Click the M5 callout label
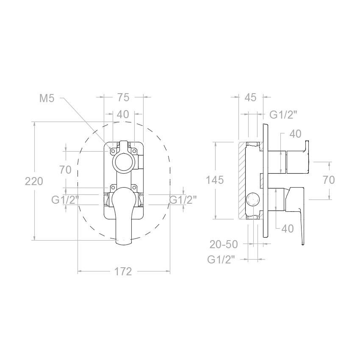point(47,98)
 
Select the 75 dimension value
point(124,97)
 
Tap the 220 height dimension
point(34,181)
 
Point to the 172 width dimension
point(123,271)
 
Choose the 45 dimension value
point(250,97)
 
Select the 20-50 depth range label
point(224,244)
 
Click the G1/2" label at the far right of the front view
point(183,200)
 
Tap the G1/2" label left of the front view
point(65,200)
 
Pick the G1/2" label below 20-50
point(221,260)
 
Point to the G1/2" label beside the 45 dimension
point(283,115)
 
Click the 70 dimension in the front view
point(65,170)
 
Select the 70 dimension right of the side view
point(329,180)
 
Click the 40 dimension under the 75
point(123,114)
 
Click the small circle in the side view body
point(252,199)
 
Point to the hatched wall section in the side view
point(242,180)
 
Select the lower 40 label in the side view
point(288,228)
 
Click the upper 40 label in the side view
point(295,134)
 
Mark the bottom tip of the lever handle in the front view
point(124,245)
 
